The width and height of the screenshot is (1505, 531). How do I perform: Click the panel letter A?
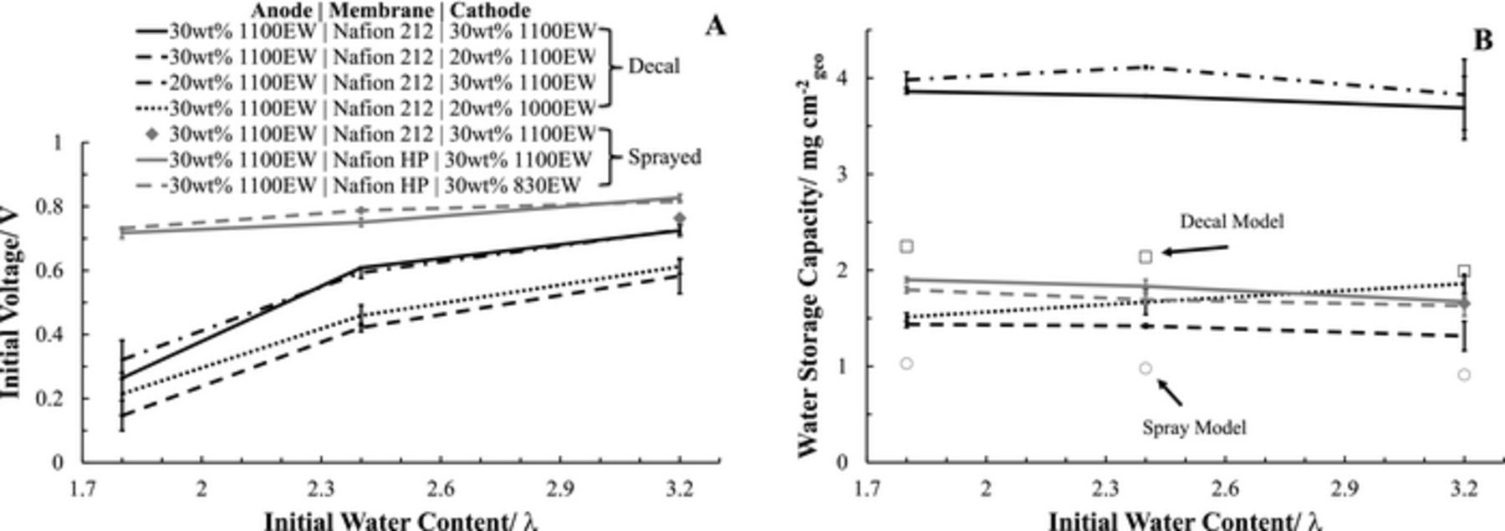coord(715,26)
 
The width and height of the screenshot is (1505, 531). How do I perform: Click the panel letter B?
coord(1483,40)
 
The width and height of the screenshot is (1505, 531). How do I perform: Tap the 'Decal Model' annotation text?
coord(1231,222)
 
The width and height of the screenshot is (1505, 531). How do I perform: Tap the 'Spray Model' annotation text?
coord(1194,427)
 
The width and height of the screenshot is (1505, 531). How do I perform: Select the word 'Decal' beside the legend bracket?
coord(654,66)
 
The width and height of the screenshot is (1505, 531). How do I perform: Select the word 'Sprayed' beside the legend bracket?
coord(664,157)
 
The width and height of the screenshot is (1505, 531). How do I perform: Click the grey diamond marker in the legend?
coord(151,133)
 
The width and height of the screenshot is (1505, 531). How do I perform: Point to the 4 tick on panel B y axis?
coord(846,79)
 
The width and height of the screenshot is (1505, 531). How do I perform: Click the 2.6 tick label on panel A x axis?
coord(440,489)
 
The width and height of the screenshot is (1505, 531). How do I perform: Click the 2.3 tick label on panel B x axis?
coord(1105,489)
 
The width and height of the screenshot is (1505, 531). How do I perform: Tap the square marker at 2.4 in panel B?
coord(1145,257)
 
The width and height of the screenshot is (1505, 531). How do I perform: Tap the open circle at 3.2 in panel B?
coord(1464,375)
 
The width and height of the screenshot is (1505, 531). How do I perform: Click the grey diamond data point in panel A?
coord(680,218)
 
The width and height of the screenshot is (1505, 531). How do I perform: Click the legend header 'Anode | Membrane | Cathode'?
coord(390,11)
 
